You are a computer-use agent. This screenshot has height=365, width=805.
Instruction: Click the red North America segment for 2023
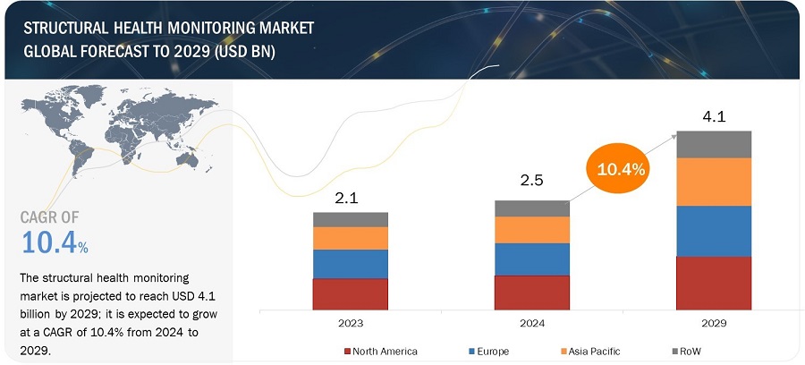tap(350, 293)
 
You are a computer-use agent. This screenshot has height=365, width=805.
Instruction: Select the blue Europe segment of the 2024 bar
tap(531, 259)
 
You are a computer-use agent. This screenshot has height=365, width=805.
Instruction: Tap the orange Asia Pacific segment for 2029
tap(713, 182)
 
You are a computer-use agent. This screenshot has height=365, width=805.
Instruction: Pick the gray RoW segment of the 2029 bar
tap(713, 143)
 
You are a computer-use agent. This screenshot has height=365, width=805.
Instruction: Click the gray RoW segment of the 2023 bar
tap(350, 219)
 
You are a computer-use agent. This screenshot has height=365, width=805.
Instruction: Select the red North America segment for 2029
tap(713, 283)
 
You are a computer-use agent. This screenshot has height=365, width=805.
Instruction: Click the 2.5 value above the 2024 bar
tap(531, 182)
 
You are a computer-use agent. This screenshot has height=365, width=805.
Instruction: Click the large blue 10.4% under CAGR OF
tap(54, 242)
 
